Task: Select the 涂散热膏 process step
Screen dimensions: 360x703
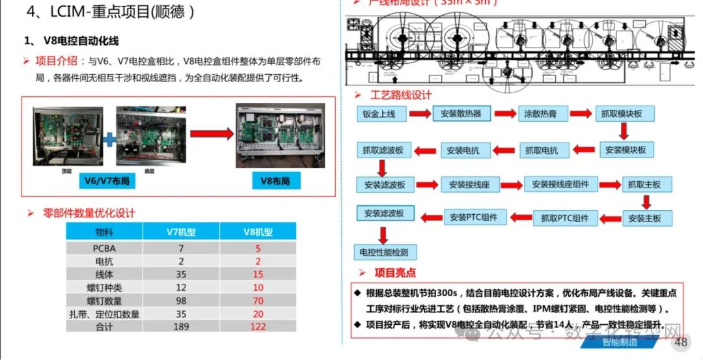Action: (x=541, y=114)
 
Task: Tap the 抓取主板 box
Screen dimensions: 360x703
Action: (x=644, y=185)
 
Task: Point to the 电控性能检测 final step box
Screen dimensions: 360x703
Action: (x=384, y=252)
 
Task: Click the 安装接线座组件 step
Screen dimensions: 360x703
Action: (x=556, y=185)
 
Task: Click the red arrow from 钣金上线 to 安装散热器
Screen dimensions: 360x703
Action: (x=420, y=115)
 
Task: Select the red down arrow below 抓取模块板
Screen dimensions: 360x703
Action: (x=624, y=132)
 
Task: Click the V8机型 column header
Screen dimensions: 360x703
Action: (x=258, y=232)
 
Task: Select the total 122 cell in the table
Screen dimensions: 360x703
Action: (x=258, y=326)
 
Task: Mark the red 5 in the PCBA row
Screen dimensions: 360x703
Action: (x=258, y=248)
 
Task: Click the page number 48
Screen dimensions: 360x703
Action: (x=681, y=343)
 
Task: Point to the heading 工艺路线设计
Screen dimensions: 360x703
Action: (x=401, y=95)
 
